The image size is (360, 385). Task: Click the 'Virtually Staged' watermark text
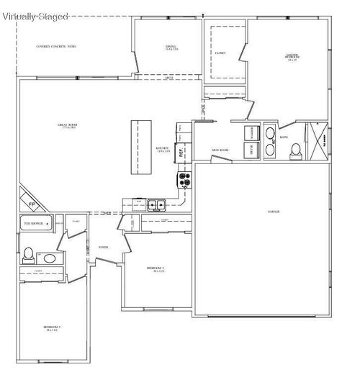35,15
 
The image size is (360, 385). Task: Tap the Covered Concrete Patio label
56,47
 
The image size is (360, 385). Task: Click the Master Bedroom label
292,58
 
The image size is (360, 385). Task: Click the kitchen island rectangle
140,147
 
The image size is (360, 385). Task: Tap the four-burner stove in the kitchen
184,178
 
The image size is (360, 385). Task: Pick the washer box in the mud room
252,133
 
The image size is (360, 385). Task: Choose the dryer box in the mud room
252,150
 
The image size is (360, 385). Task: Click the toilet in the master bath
296,150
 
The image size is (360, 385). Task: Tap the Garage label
274,212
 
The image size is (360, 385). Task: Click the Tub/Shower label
32,224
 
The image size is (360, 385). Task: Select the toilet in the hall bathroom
28,254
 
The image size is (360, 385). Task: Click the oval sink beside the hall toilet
49,257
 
